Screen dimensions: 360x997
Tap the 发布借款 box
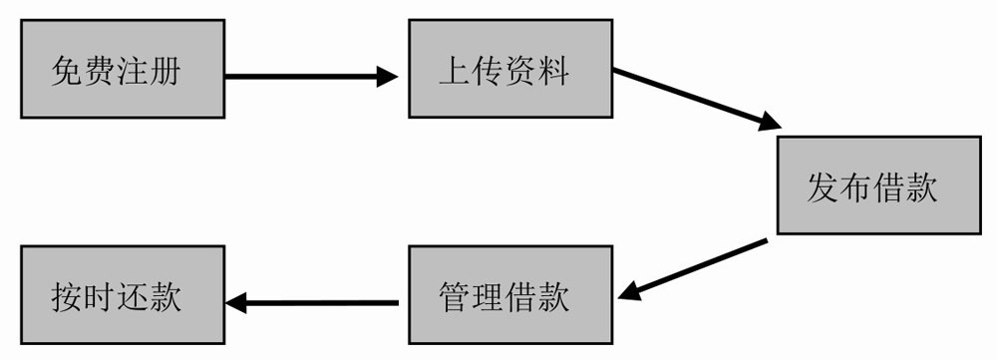pos(877,186)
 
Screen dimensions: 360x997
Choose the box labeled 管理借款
pos(508,296)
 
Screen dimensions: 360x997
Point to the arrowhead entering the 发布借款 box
pos(768,125)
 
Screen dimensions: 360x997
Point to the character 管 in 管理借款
pos(455,296)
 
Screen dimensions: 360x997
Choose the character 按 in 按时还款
pos(67,296)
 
